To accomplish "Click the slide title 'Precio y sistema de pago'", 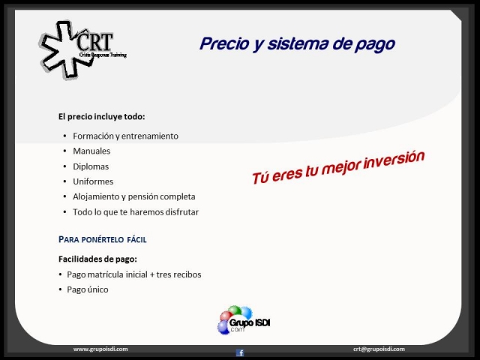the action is click(x=297, y=44).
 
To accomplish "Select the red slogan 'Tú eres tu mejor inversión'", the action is click(x=338, y=167).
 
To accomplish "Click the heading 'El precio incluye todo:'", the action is click(x=102, y=117).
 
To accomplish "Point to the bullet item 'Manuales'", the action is click(x=91, y=151).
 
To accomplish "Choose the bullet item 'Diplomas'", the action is click(x=91, y=166).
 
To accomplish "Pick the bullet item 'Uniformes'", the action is click(x=93, y=181).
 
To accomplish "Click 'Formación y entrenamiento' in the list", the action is click(x=125, y=136).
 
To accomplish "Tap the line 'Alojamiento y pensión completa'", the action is click(x=134, y=196).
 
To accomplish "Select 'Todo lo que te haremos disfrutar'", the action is click(x=136, y=211).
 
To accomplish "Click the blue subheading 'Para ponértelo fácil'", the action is click(x=103, y=239).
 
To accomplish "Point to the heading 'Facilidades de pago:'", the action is click(x=97, y=259).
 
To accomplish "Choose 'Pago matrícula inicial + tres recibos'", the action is click(x=134, y=274).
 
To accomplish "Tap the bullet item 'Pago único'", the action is click(x=88, y=289).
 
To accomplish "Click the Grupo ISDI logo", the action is click(x=244, y=320).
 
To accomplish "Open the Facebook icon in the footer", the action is click(x=240, y=352).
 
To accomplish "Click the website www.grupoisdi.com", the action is click(x=100, y=349).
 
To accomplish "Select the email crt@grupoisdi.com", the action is click(x=379, y=349).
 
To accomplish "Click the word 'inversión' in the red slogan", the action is click(x=394, y=160).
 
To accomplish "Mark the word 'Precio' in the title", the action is click(x=224, y=43).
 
